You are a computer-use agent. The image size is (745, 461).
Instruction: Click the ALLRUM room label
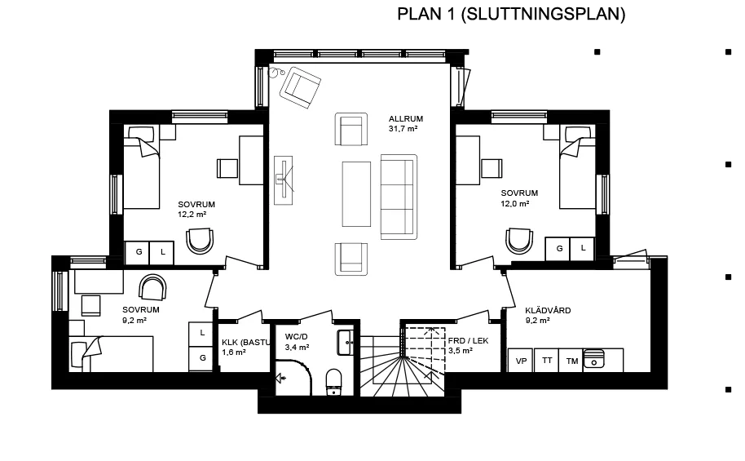406,119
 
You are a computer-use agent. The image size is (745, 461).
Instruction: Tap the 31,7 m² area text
403,129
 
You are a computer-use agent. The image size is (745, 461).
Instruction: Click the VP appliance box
520,361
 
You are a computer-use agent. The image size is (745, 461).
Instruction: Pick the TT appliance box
546,361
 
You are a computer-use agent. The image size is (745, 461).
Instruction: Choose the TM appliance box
571,361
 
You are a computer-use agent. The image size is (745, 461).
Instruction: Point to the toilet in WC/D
333,380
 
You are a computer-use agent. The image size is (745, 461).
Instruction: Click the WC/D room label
297,336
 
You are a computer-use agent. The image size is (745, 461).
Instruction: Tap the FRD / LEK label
468,341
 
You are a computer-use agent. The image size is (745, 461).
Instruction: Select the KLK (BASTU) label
245,343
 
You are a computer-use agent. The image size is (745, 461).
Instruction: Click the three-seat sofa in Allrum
399,196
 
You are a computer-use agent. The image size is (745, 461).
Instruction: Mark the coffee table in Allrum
356,194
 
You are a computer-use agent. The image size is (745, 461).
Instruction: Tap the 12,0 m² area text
515,203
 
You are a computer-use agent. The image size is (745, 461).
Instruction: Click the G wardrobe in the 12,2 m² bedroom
139,253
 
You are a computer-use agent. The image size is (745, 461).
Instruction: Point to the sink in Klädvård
595,359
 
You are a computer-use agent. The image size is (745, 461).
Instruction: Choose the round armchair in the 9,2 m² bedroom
152,287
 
